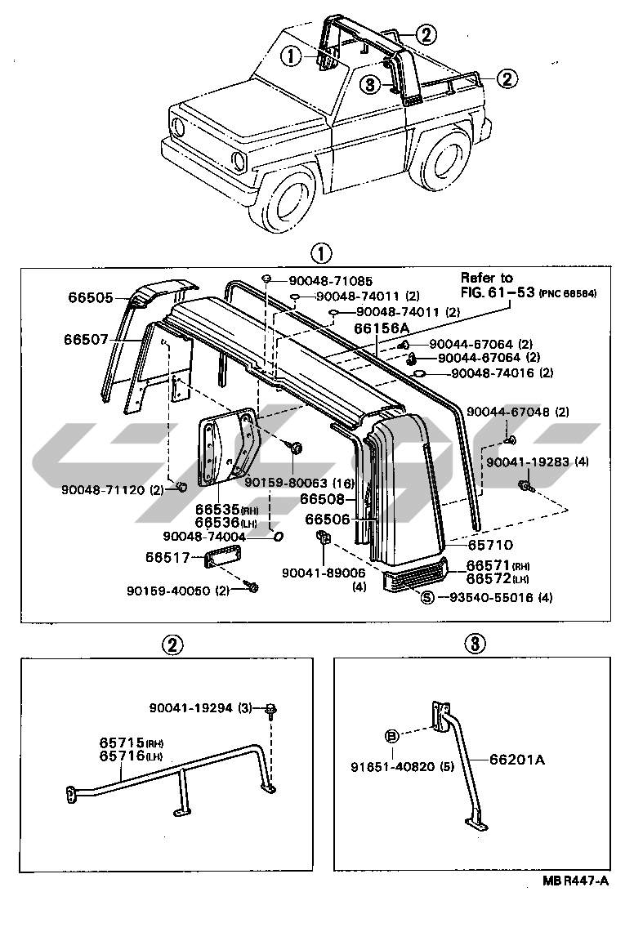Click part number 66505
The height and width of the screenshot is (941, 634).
point(90,298)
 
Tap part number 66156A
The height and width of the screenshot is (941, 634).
point(381,328)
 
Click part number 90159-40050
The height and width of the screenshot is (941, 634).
point(168,590)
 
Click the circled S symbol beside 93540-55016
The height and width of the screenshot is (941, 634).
point(426,597)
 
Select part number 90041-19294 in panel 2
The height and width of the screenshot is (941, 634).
point(192,707)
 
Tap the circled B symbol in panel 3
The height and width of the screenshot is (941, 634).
point(391,736)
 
